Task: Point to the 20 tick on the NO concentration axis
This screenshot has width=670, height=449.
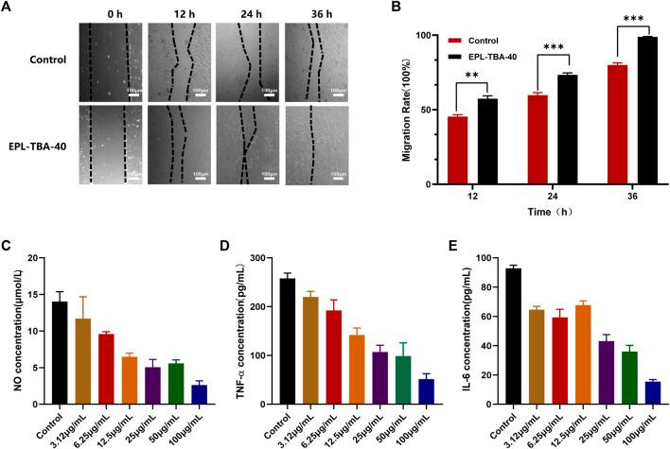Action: (x=36, y=258)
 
